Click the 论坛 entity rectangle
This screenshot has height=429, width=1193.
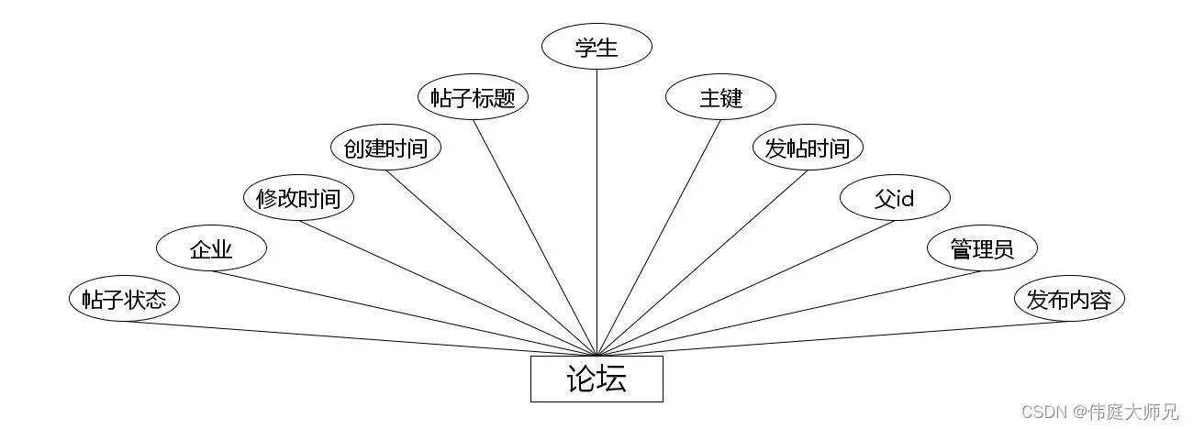(x=596, y=379)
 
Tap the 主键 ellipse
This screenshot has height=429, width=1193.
(x=720, y=98)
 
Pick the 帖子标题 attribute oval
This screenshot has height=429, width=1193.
(x=473, y=98)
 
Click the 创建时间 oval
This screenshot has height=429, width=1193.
(x=385, y=148)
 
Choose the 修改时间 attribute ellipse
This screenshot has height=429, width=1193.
(x=298, y=198)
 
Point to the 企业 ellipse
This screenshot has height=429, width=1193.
(x=211, y=248)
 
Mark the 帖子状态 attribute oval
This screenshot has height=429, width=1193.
(x=124, y=299)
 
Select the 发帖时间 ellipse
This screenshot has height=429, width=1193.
(x=808, y=148)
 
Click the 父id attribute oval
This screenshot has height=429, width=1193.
(x=895, y=198)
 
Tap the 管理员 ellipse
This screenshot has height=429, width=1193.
(x=982, y=248)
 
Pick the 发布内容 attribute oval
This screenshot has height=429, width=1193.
(x=1069, y=299)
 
